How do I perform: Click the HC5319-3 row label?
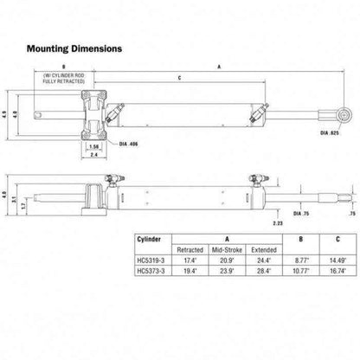click(x=152, y=258)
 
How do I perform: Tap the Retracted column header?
click(x=190, y=248)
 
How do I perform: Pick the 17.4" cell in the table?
click(x=190, y=258)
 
